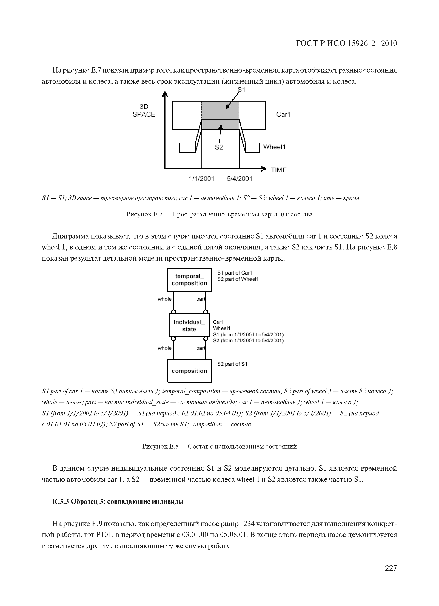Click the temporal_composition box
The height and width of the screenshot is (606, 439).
pos(189,280)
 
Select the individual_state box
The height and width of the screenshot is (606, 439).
pos(189,325)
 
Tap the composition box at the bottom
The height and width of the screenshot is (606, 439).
pos(189,371)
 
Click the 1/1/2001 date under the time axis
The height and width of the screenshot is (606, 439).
pos(202,179)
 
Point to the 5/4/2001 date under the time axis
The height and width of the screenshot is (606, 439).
pos(240,179)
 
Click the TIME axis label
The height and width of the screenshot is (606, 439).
pos(279,170)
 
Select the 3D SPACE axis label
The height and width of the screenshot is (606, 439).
pos(144,111)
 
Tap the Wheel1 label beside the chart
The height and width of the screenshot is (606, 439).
pos(274,147)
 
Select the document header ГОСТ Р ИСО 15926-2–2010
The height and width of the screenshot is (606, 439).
pos(346,43)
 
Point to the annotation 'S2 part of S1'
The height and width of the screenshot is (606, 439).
pos(232,364)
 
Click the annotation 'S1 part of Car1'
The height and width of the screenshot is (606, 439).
pos(235,273)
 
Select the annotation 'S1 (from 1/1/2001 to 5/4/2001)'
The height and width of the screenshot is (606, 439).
pos(248,335)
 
